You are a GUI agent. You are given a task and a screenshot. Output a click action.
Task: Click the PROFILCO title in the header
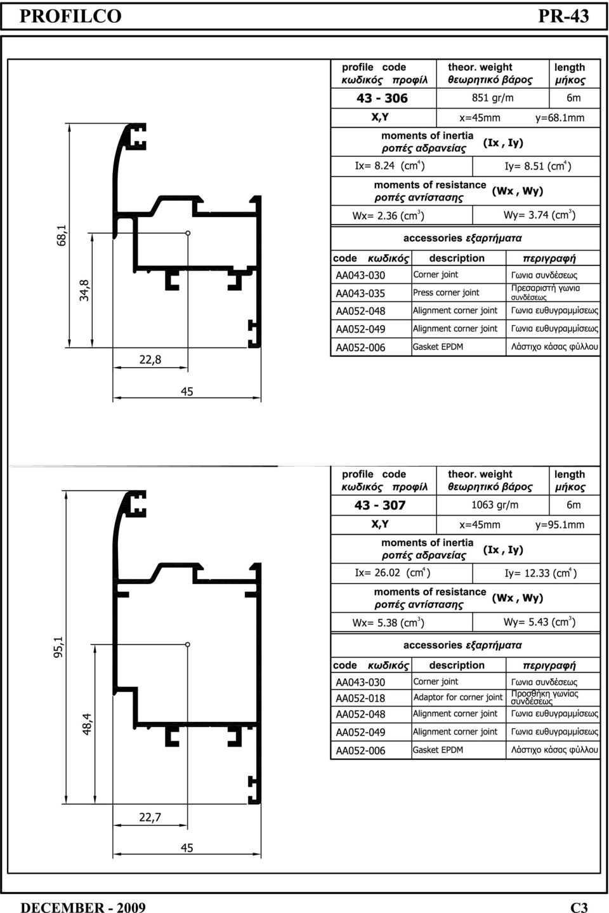[x=70, y=17]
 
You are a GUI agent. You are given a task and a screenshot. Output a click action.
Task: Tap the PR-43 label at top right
[x=563, y=17]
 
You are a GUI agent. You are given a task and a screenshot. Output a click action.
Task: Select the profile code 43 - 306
[x=382, y=98]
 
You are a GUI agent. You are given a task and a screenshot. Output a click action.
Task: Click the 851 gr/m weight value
[x=492, y=98]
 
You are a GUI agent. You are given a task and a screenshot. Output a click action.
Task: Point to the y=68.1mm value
[x=560, y=118]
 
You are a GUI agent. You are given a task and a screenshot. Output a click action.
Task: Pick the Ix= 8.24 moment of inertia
[x=390, y=166]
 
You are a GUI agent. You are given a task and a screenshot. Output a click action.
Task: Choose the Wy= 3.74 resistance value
[x=539, y=215]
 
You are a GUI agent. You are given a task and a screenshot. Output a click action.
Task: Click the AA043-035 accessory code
[x=360, y=293]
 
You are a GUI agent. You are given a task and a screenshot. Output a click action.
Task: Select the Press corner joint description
[x=446, y=293]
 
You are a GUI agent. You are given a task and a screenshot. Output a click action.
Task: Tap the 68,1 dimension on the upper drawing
[x=61, y=235]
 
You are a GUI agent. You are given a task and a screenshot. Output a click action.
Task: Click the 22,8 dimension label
[x=150, y=359]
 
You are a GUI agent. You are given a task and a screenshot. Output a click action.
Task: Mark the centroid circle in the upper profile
[x=188, y=233]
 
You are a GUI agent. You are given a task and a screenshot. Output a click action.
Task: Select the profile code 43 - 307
[x=380, y=505]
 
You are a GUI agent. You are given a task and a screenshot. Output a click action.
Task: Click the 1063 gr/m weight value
[x=495, y=505]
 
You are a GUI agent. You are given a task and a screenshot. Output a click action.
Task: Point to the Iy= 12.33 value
[x=540, y=573]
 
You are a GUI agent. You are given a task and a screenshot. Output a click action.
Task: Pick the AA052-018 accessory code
[x=360, y=698]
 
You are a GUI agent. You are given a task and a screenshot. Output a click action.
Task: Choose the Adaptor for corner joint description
[x=458, y=697]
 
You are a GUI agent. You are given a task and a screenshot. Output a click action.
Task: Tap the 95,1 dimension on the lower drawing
[x=58, y=647]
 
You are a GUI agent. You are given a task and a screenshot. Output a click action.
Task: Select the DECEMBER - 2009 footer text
[x=82, y=907]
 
